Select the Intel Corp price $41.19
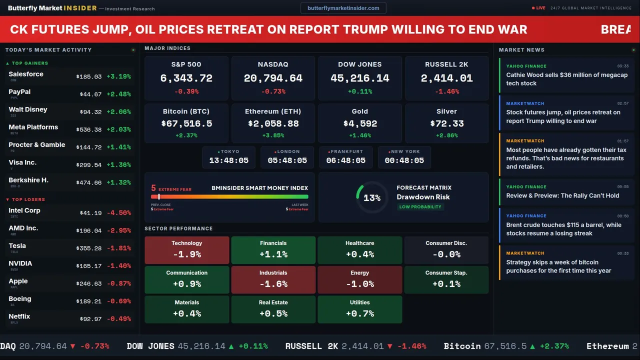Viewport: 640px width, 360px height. click(90, 213)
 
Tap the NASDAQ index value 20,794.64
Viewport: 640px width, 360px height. click(273, 78)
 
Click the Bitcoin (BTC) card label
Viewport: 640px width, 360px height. click(186, 111)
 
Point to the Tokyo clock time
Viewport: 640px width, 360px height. click(229, 160)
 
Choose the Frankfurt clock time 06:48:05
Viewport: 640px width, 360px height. click(346, 160)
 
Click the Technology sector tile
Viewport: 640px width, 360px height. click(186, 250)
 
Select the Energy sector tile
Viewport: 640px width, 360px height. click(359, 279)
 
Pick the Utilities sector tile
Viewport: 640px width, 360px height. click(359, 309)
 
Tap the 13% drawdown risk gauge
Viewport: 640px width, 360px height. click(371, 198)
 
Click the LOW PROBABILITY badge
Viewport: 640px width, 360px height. click(420, 207)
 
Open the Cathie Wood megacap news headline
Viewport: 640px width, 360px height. click(566, 79)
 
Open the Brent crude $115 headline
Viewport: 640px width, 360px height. click(563, 229)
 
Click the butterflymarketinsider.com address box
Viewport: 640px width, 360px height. click(343, 8)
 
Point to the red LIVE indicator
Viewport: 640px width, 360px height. click(539, 8)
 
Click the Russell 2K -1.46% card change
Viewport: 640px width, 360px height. click(446, 91)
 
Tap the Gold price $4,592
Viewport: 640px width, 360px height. click(360, 123)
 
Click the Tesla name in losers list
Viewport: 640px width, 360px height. click(17, 246)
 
